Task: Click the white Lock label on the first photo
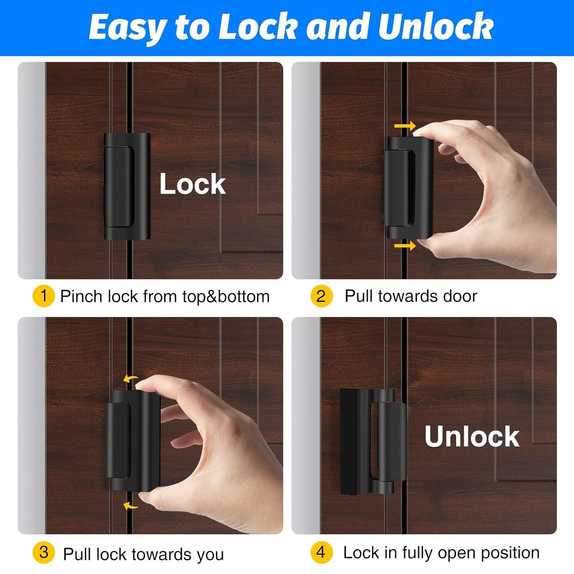point(192,184)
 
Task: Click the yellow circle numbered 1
point(43,296)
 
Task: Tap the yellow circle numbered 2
point(321,296)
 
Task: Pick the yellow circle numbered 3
point(43,553)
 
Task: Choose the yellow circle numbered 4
point(321,553)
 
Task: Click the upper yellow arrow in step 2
point(405,126)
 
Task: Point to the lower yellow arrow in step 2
point(405,245)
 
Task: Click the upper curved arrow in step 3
point(131,379)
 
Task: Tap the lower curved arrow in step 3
point(131,506)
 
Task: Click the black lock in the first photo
point(127,187)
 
